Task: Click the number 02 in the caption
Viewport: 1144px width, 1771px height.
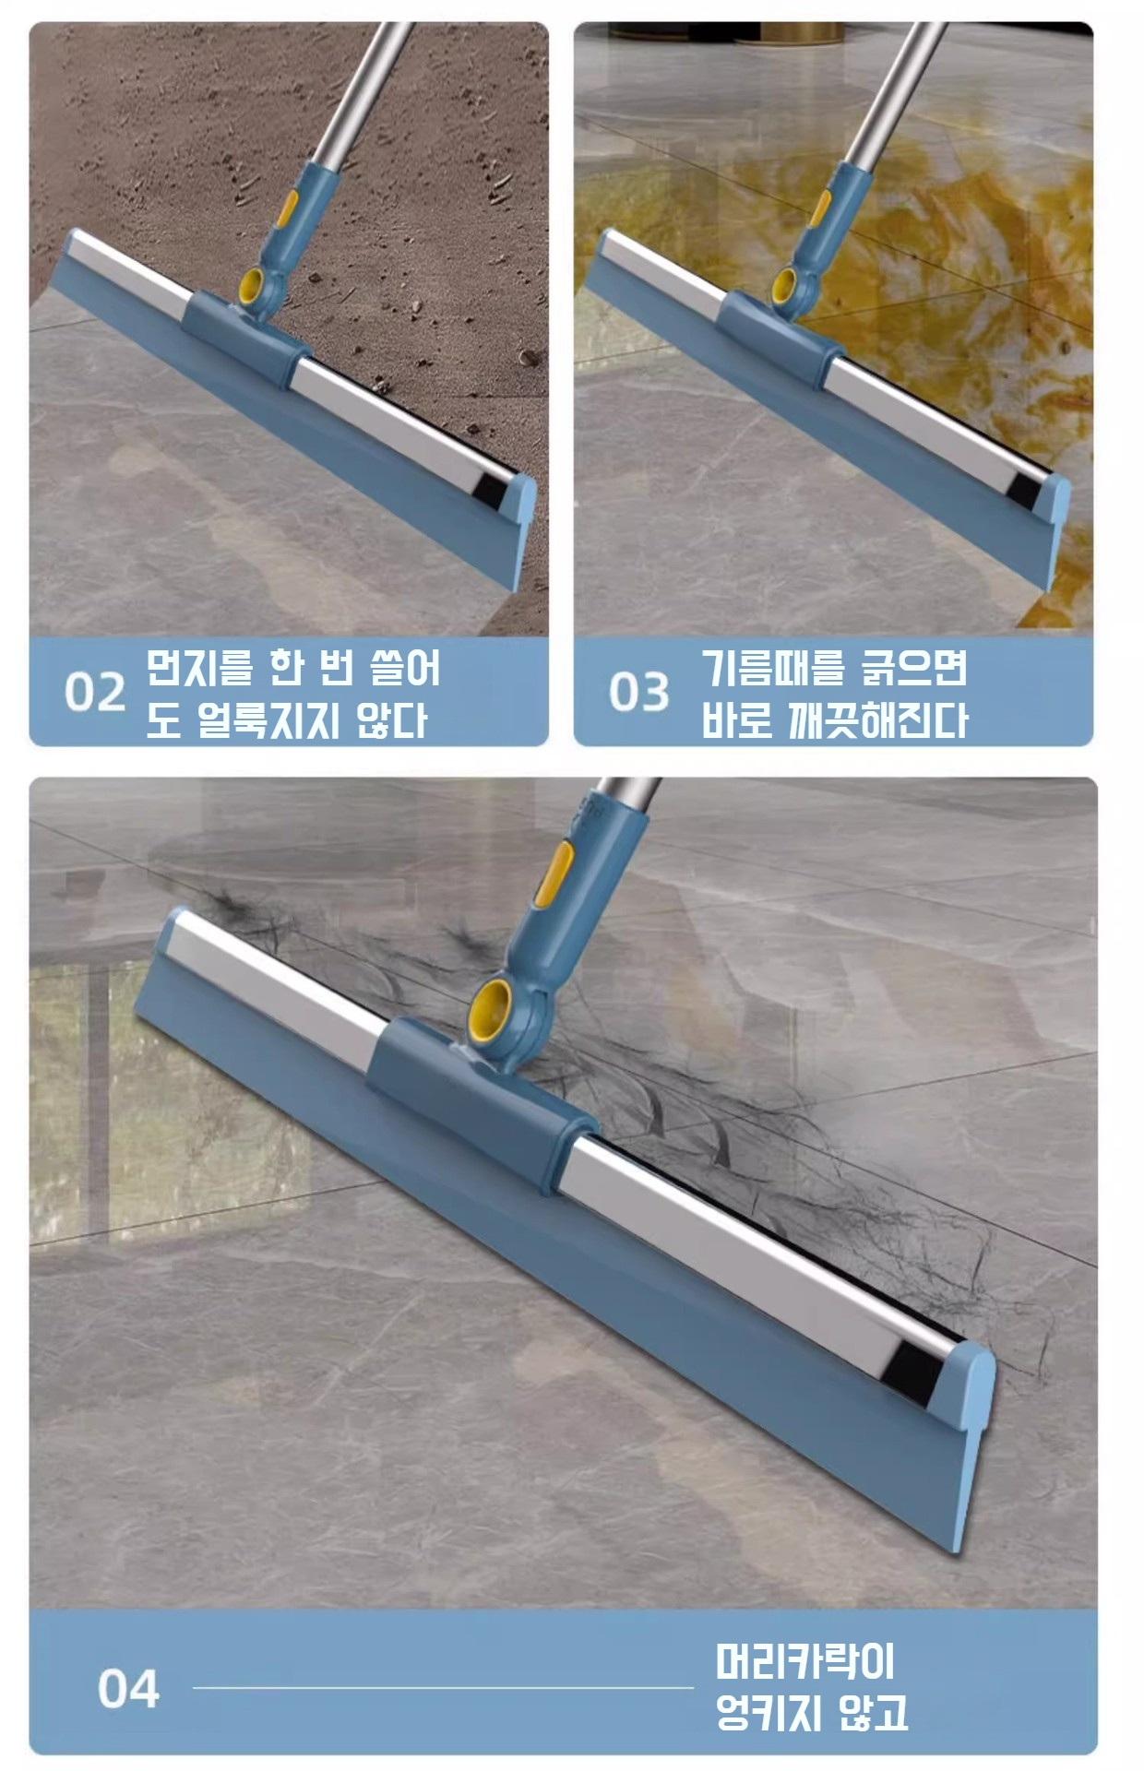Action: [x=94, y=692]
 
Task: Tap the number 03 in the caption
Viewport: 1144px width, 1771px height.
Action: [x=638, y=692]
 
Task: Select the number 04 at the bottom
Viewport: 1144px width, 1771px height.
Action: [x=128, y=1689]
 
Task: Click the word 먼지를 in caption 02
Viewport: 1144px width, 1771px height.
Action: [x=199, y=667]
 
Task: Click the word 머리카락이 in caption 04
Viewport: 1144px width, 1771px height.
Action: [x=804, y=1662]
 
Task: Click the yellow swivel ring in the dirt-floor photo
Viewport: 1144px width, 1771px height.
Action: [x=252, y=289]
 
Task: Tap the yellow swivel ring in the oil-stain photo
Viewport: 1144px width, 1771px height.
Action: [x=786, y=286]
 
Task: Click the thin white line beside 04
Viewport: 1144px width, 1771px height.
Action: [x=443, y=1688]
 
